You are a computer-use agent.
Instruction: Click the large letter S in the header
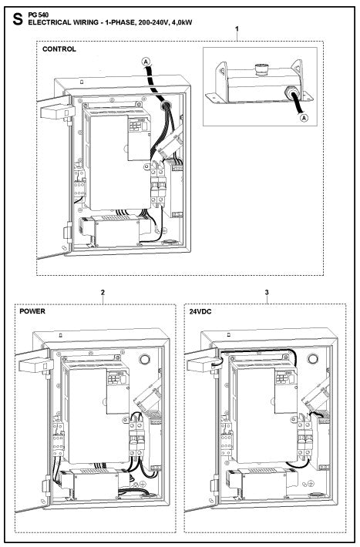[x=17, y=19]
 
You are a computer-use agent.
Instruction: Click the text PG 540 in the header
[x=39, y=15]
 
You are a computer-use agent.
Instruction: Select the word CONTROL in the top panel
[x=59, y=49]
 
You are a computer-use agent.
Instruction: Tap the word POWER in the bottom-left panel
[x=32, y=311]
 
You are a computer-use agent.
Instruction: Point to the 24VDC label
[x=200, y=311]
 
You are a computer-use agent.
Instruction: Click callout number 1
[x=237, y=29]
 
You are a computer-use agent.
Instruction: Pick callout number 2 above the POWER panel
[x=103, y=292]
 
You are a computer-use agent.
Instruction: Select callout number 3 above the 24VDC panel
[x=267, y=292]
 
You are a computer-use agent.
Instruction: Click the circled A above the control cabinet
[x=146, y=62]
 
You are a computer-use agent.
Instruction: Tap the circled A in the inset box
[x=304, y=118]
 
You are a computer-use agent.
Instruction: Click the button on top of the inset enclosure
[x=260, y=68]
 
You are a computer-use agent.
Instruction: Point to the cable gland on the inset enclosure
[x=291, y=92]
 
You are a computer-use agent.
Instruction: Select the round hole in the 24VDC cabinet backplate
[x=312, y=358]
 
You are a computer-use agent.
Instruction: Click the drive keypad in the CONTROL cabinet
[x=138, y=125]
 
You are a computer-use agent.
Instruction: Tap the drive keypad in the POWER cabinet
[x=117, y=378]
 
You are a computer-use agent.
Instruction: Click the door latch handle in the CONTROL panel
[x=58, y=112]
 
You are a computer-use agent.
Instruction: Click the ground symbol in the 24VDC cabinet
[x=311, y=483]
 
